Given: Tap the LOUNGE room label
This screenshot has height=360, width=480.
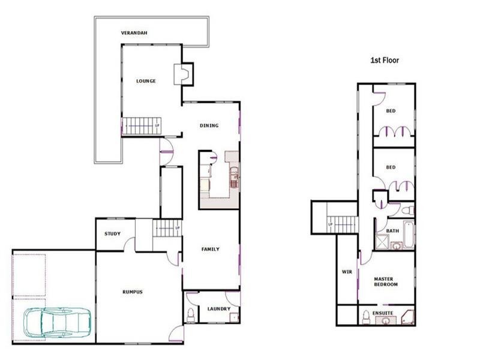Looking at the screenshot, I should [x=146, y=81].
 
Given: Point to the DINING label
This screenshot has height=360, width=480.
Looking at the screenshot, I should [x=209, y=125].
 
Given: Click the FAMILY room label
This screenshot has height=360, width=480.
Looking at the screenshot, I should [x=210, y=249].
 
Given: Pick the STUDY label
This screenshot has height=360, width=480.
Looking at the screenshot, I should [x=112, y=234].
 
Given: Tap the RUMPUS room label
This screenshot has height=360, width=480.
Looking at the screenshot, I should [x=132, y=292].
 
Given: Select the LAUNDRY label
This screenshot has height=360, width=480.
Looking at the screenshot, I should [x=219, y=309].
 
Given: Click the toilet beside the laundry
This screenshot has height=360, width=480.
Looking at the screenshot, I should [x=191, y=314].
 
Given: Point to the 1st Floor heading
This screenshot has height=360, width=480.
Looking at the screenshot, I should [x=384, y=61].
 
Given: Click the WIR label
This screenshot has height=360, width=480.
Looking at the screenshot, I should [x=346, y=272].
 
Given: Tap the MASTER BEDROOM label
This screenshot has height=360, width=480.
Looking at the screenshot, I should [x=386, y=281].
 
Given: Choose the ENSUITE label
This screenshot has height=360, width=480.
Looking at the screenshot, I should [x=383, y=313].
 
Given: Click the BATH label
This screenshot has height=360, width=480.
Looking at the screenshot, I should [x=392, y=230].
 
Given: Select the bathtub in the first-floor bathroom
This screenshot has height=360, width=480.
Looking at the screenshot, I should [x=409, y=235].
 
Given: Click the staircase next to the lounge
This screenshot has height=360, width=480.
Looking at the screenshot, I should [x=142, y=125].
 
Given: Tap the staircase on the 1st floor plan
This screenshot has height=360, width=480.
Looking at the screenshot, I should [x=343, y=225].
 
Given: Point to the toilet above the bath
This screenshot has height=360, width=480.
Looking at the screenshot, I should [x=408, y=211].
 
